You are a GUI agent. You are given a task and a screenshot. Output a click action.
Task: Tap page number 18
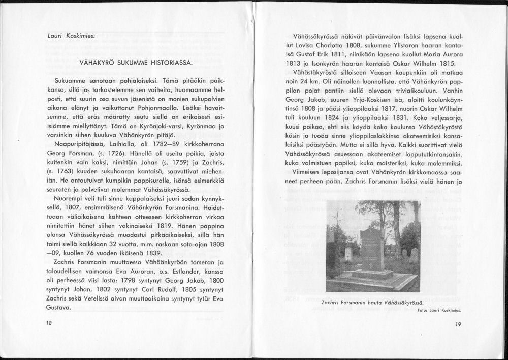click(x=49, y=323)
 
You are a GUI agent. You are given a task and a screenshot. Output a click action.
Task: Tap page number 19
click(x=458, y=324)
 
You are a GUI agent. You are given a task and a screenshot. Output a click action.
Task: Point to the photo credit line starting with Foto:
click(x=438, y=310)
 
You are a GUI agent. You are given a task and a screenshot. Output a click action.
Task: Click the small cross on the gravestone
click(x=371, y=265)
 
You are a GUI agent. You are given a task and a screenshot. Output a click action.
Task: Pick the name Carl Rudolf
click(x=137, y=290)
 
